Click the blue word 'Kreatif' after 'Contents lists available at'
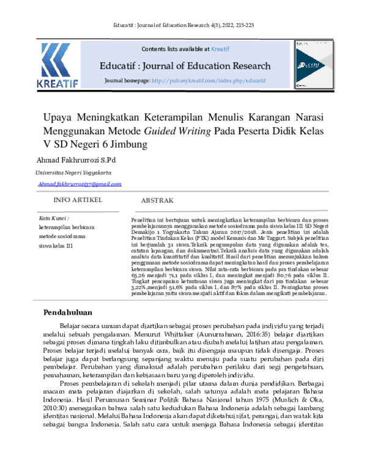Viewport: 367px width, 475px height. [x=220, y=48]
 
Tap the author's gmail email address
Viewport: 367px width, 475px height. [x=79, y=184]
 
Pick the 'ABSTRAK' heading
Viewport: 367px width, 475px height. [x=157, y=201]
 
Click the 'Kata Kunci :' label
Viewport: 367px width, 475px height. [x=54, y=217]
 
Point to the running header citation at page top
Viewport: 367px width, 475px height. [x=183, y=26]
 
